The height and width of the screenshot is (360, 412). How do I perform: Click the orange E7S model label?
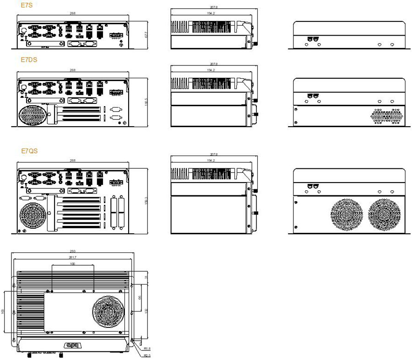pos(26,5)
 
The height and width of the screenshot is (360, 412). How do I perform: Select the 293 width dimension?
pos(72,252)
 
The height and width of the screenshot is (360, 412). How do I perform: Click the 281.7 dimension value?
pos(72,258)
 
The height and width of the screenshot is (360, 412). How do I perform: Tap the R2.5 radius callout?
pos(147,355)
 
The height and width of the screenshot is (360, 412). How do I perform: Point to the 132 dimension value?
pos(146,311)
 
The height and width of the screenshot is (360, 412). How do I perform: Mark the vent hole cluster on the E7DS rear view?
pos(387,116)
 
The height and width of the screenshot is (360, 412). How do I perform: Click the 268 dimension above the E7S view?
pos(72,12)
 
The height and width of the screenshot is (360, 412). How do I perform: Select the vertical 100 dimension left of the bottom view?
pos(4,311)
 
